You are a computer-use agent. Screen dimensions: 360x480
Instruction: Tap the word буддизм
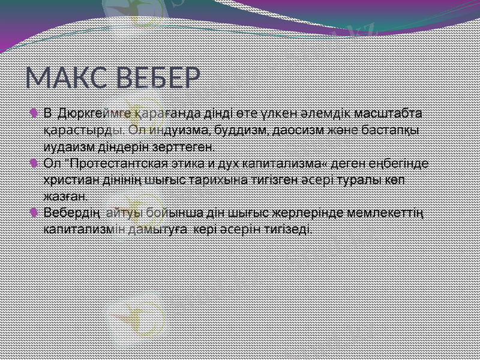[x=231, y=129]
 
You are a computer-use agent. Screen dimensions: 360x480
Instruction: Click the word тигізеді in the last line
[x=285, y=229]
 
